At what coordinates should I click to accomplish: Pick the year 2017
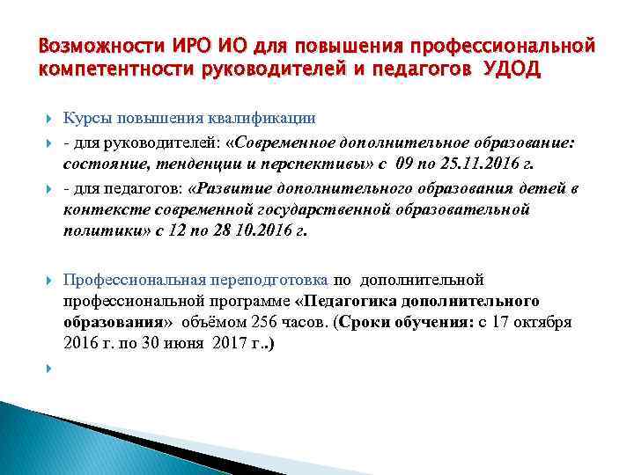point(220,344)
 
